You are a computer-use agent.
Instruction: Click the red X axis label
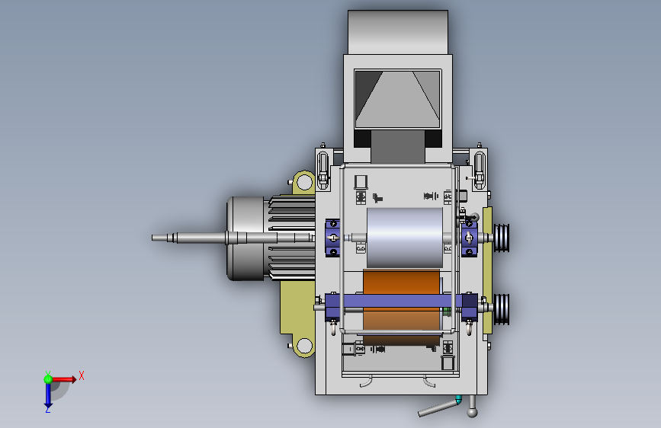pyautogui.click(x=82, y=375)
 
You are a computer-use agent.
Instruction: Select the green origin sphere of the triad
pyautogui.click(x=48, y=379)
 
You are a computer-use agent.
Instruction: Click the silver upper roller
pyautogui.click(x=405, y=238)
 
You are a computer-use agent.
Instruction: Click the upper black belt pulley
pyautogui.click(x=502, y=238)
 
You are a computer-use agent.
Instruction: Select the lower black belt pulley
pyautogui.click(x=502, y=309)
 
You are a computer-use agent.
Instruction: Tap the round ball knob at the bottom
pyautogui.click(x=472, y=412)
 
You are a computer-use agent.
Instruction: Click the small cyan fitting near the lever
pyautogui.click(x=459, y=399)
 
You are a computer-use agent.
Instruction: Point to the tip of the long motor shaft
pyautogui.click(x=152, y=238)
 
